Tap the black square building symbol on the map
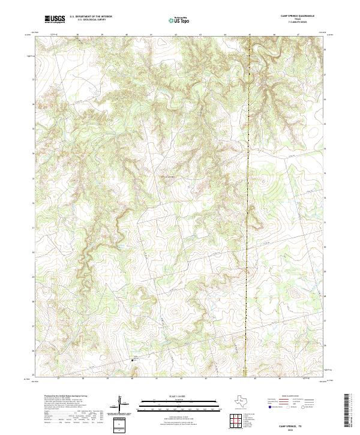(x=133, y=360)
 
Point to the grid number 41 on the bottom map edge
(x=157, y=379)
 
